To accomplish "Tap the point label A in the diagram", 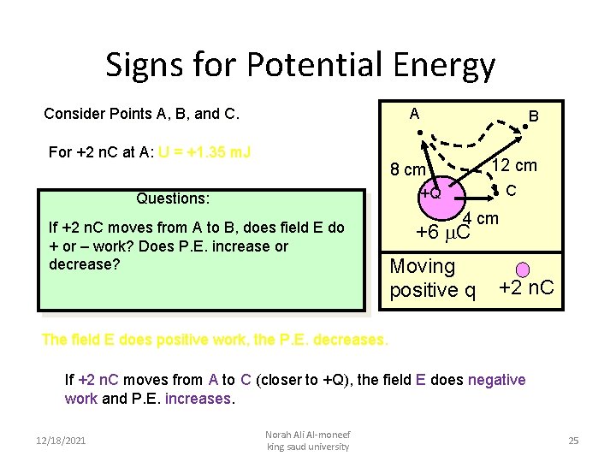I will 414,114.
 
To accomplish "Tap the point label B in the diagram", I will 533,115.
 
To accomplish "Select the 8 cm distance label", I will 408,169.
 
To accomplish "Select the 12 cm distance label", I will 513,165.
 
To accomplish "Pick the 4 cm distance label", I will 481,220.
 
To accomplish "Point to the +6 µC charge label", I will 442,233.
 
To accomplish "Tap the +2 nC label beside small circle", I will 526,289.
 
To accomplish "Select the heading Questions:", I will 173,198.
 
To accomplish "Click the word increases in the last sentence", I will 198,399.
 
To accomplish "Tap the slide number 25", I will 573,441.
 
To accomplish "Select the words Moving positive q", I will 432,279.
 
